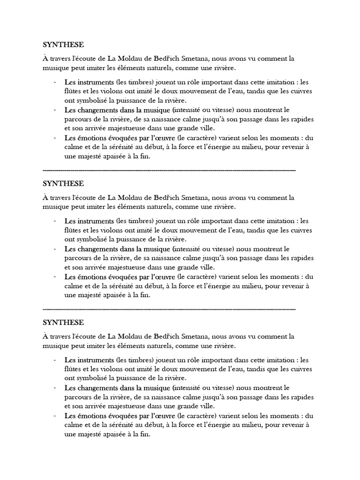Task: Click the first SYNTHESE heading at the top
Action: pos(63,45)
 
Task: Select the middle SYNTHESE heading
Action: pos(63,184)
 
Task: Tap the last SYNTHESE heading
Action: pos(63,322)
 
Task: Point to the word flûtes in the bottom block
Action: pos(72,368)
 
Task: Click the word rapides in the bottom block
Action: pos(302,397)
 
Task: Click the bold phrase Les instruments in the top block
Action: pos(89,82)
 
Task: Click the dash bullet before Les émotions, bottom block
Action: pos(55,415)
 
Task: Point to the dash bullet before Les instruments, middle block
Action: pos(55,220)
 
